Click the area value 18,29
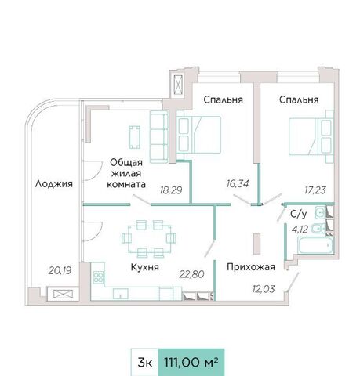coord(171,190)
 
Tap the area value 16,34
coord(238,183)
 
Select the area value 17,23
coord(315,190)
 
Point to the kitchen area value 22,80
coord(191,274)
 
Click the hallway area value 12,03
coord(264,289)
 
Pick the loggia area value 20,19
coord(60,270)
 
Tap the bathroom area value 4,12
coord(300,230)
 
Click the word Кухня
coord(145,267)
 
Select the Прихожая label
coord(251,267)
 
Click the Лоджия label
coord(54,183)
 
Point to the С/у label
coord(299,214)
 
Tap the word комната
coord(126,184)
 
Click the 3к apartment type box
coord(144,363)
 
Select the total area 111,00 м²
coord(191,363)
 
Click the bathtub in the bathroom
coord(316,245)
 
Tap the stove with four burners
coord(98,277)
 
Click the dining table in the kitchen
coord(149,238)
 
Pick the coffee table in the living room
coord(135,137)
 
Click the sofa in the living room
coord(158,137)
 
